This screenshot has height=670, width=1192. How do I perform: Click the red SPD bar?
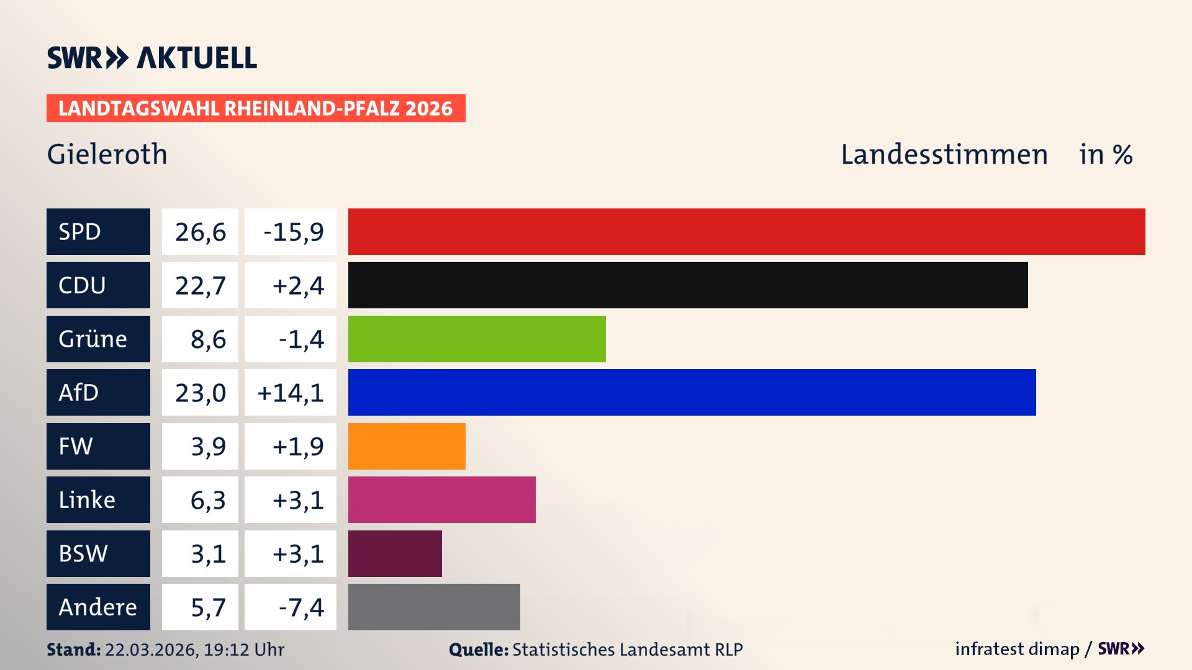coord(746,231)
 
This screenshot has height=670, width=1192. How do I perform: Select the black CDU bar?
coord(688,285)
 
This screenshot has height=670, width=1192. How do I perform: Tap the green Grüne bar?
coord(477,339)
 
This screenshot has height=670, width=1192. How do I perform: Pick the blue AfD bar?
coord(692,392)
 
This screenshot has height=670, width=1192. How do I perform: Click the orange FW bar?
coord(407,446)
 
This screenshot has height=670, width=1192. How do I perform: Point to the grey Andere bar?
coord(434,607)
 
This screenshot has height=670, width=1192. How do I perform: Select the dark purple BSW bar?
coord(395,553)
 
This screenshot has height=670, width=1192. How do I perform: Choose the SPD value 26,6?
coord(200,231)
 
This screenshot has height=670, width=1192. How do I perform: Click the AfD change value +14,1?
coord(291,392)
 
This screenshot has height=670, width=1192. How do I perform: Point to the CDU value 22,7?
coord(200,285)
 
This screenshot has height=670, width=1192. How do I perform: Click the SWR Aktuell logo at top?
coord(151,58)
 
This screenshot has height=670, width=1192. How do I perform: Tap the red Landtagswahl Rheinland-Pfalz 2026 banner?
coord(256,108)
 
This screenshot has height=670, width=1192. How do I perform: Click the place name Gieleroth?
coord(107,154)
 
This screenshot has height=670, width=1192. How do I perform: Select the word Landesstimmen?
coord(944,154)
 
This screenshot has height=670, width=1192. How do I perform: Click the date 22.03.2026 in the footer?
coord(151,650)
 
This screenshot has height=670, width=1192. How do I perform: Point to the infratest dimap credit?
coord(1017,649)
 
